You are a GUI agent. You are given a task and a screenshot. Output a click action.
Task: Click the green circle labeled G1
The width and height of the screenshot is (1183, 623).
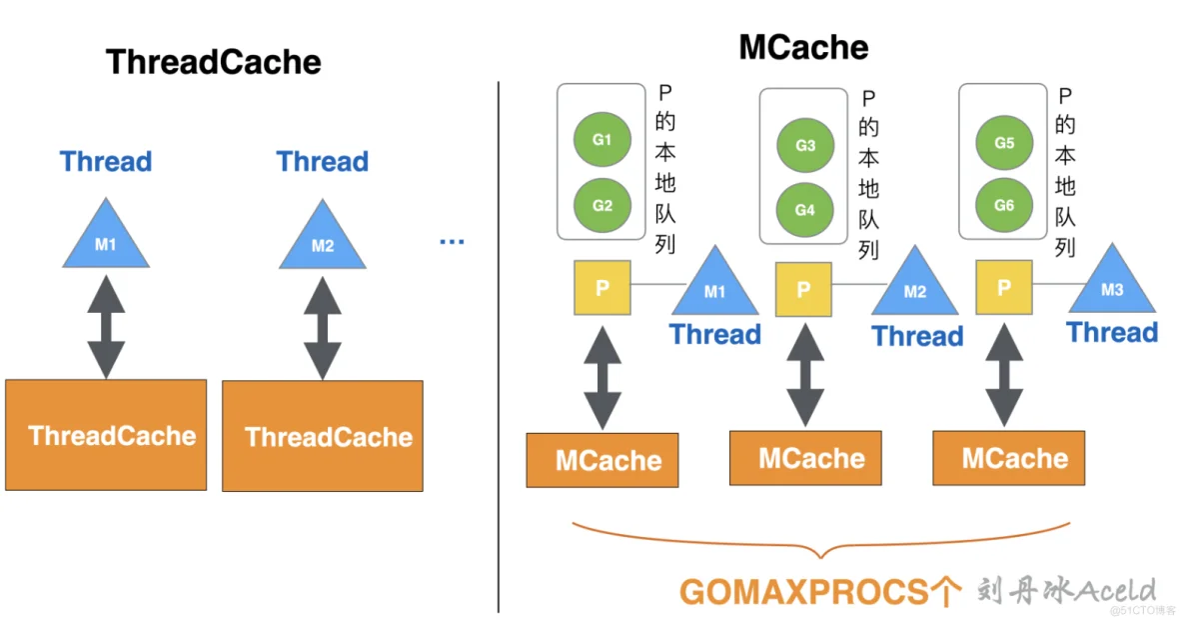pyautogui.click(x=601, y=141)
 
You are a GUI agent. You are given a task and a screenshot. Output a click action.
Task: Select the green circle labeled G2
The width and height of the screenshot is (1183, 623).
pyautogui.click(x=601, y=206)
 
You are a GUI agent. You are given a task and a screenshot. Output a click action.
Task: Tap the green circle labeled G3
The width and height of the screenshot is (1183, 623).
pyautogui.click(x=805, y=146)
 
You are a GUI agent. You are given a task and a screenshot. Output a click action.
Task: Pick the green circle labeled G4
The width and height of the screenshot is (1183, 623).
pyautogui.click(x=805, y=210)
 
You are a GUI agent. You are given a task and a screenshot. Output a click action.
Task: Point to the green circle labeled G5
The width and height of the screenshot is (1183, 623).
pyautogui.click(x=1004, y=144)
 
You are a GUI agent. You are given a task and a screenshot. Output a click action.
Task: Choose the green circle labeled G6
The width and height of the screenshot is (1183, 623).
pyautogui.click(x=1004, y=205)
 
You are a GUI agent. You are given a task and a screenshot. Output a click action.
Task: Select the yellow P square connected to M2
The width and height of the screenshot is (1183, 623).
pyautogui.click(x=803, y=289)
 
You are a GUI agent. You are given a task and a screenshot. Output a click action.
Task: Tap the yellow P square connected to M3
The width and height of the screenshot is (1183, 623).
pyautogui.click(x=1004, y=288)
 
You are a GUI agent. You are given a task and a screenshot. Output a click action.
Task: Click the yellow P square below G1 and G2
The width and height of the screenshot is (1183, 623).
pyautogui.click(x=602, y=288)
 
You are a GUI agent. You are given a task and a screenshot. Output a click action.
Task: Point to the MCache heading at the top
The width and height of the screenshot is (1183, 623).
pyautogui.click(x=803, y=47)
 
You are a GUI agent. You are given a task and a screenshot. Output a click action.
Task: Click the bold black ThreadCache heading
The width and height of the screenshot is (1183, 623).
pyautogui.click(x=214, y=62)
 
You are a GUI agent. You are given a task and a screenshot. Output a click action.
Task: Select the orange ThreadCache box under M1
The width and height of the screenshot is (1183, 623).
pyautogui.click(x=106, y=435)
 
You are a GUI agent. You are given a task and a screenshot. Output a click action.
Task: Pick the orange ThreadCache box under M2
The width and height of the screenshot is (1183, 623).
pyautogui.click(x=322, y=436)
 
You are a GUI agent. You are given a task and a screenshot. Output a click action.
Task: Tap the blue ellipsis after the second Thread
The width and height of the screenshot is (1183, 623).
pyautogui.click(x=453, y=241)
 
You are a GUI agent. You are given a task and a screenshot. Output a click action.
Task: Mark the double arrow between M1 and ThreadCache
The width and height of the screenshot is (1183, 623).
pyautogui.click(x=106, y=327)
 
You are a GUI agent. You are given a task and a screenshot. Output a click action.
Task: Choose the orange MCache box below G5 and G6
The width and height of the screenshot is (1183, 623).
pyautogui.click(x=1008, y=459)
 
